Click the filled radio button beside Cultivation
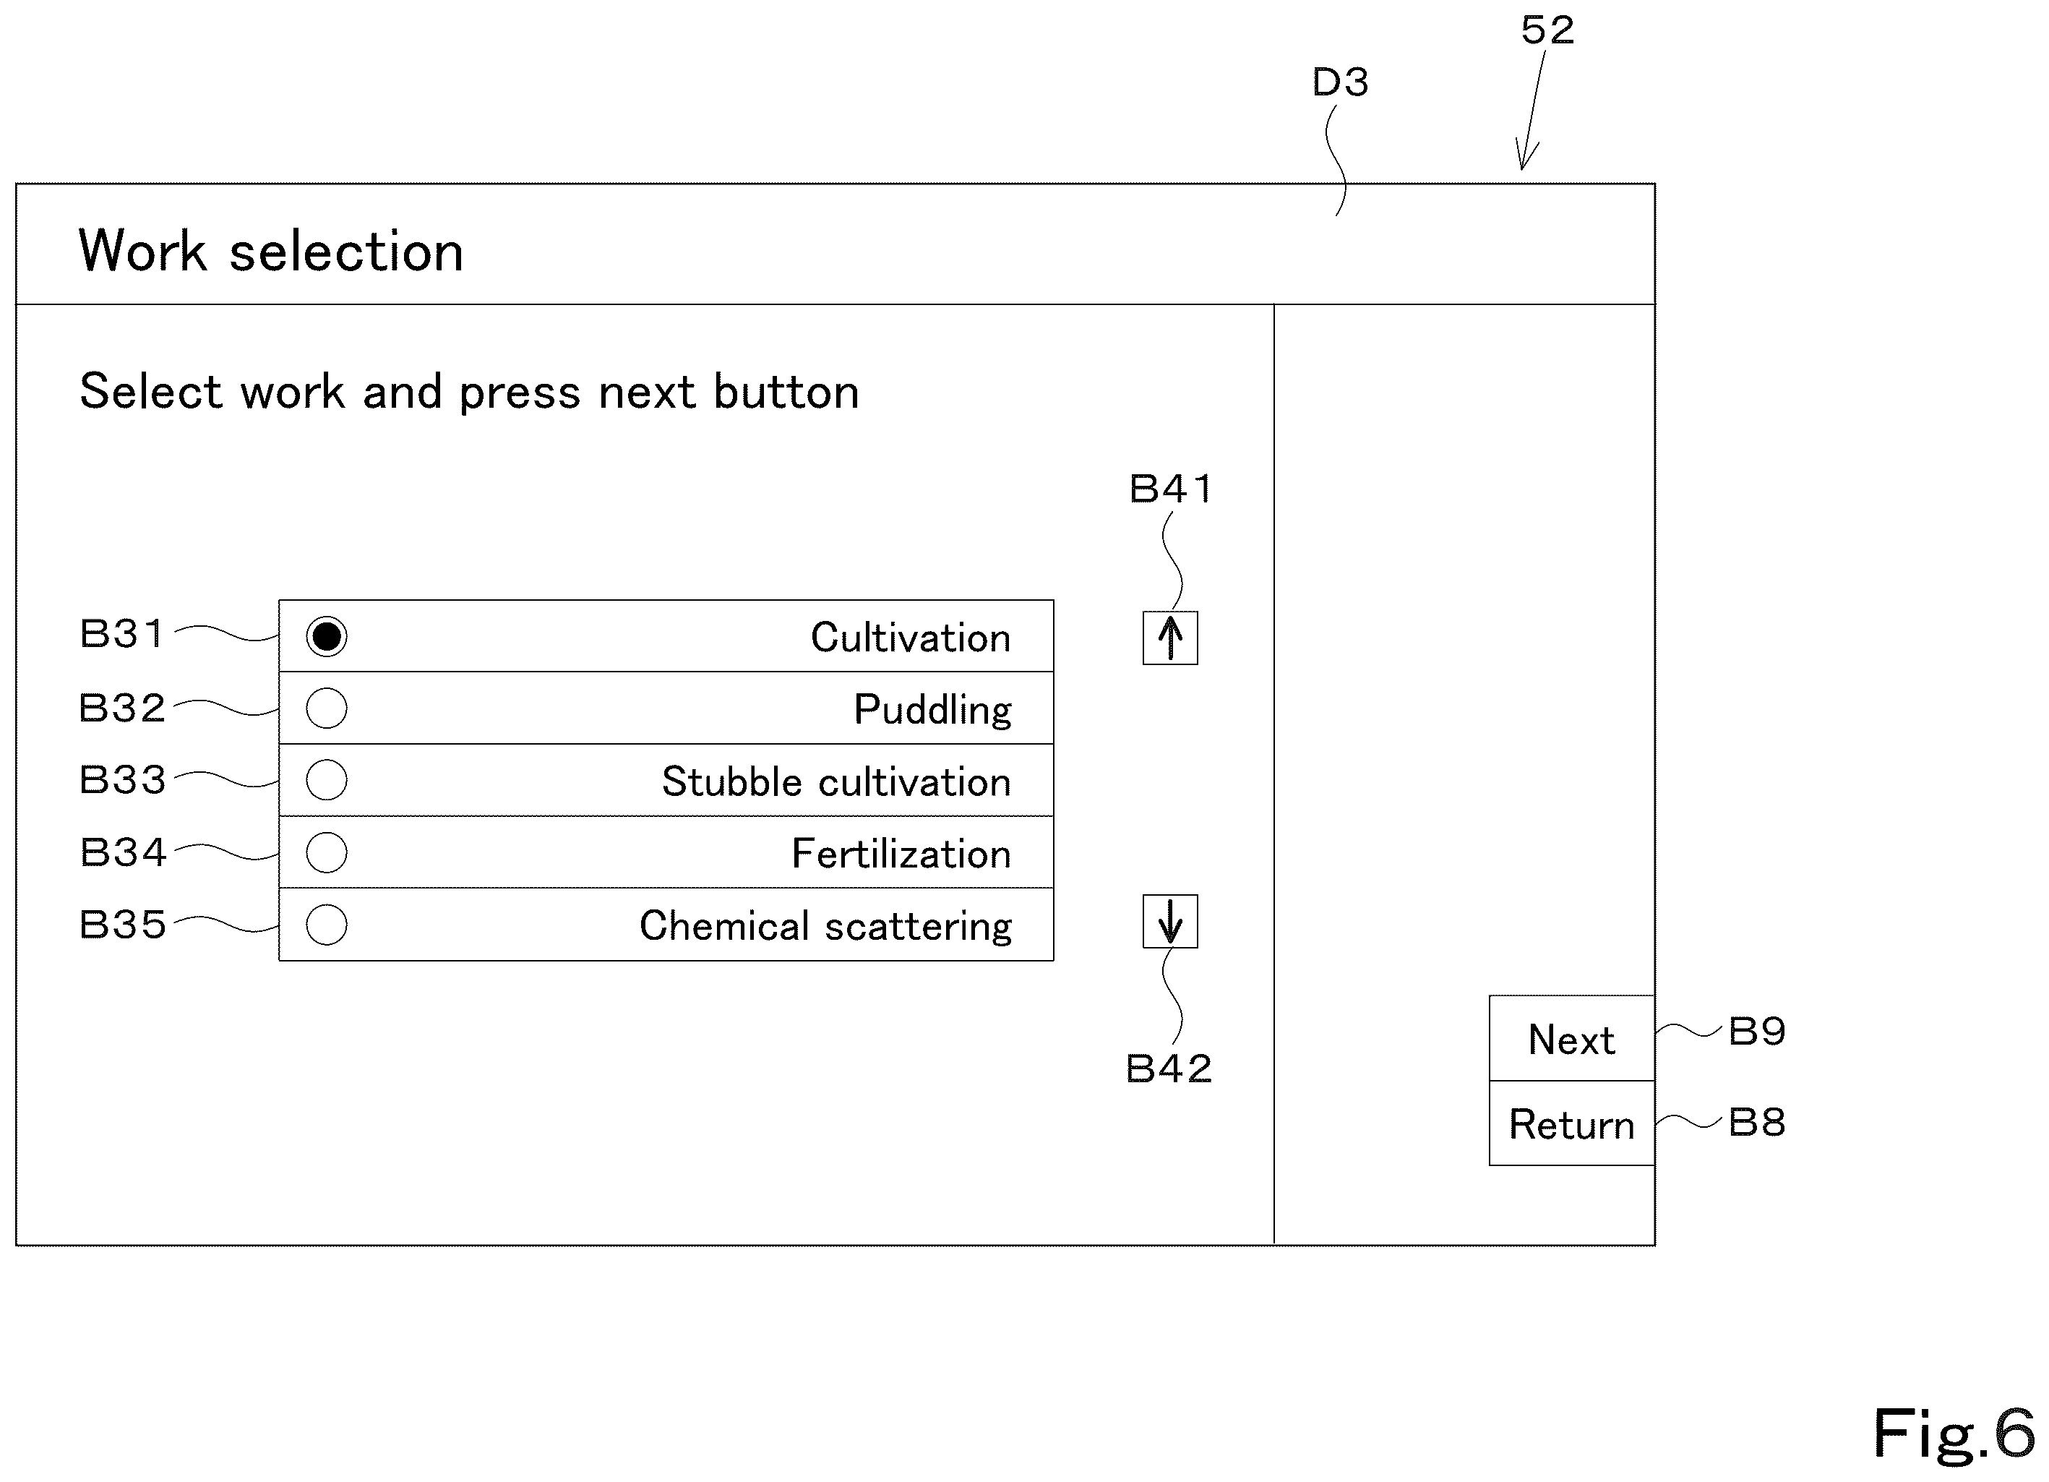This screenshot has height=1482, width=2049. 326,636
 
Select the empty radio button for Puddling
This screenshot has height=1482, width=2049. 326,708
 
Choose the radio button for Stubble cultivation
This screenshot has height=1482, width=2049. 326,780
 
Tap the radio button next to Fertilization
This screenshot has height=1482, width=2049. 326,852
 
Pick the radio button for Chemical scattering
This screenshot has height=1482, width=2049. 326,925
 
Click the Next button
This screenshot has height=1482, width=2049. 1572,1038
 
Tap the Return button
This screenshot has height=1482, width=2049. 1572,1123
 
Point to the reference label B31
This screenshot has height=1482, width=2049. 122,633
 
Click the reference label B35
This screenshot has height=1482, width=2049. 122,925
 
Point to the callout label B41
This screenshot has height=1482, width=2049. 1171,489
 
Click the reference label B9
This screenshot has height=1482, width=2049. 1757,1031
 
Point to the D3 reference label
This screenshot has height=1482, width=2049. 1341,82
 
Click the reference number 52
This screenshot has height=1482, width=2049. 1547,30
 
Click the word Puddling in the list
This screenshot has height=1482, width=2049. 932,710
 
